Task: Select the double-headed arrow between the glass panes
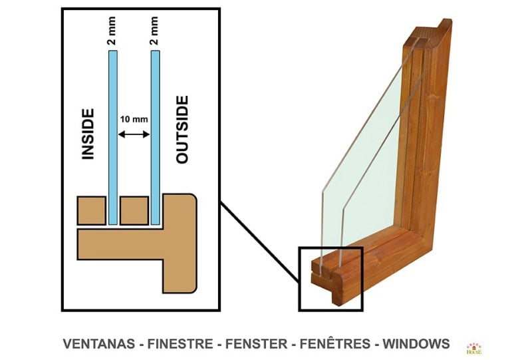[x=134, y=134]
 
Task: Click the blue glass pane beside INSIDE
[x=112, y=133]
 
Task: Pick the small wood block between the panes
[x=134, y=210]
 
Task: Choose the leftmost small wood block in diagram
[x=91, y=210]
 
